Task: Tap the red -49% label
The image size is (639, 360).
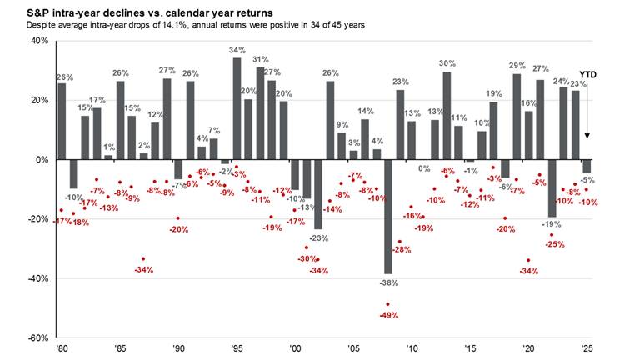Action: [388, 316]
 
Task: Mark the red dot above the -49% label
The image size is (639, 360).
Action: [387, 304]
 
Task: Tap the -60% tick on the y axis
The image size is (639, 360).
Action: [38, 338]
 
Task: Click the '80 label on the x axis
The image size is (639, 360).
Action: [61, 348]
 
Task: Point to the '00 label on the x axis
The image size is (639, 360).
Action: [294, 348]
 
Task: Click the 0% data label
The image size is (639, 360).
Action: [423, 169]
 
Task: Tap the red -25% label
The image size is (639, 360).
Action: [556, 244]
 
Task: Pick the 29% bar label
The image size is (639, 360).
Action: [517, 65]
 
